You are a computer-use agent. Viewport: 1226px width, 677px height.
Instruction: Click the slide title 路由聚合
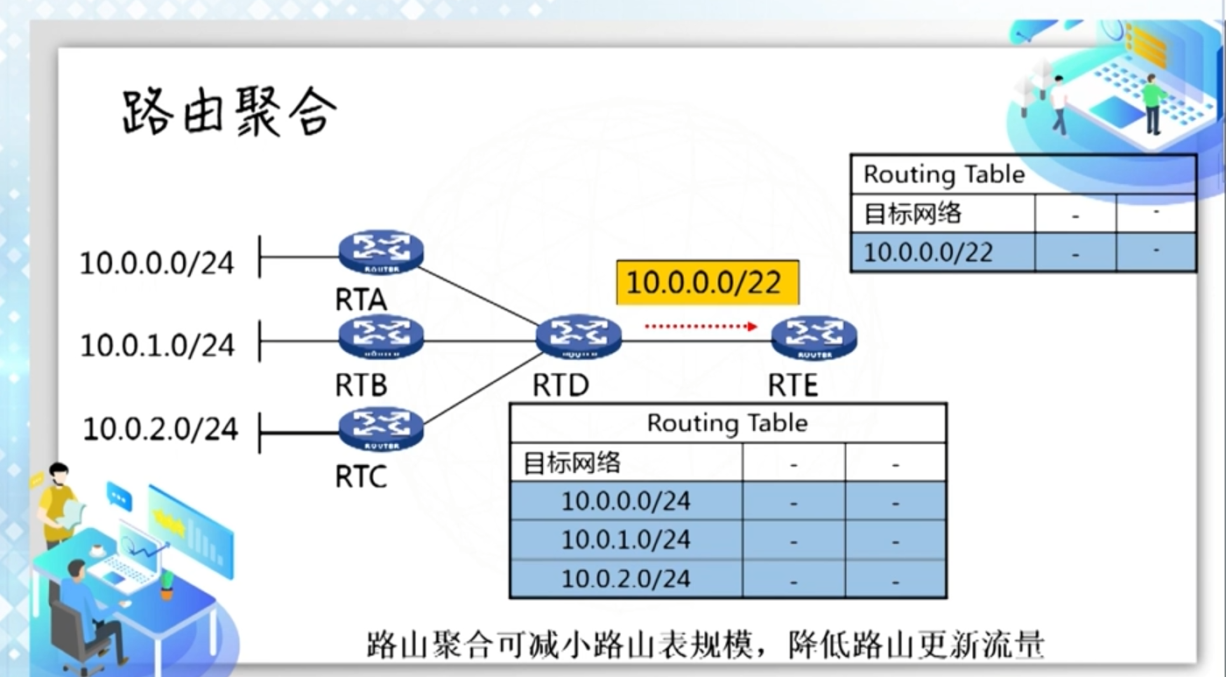(229, 111)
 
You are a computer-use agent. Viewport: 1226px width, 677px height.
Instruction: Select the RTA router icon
(381, 252)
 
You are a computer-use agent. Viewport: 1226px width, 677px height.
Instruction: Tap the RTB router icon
(381, 338)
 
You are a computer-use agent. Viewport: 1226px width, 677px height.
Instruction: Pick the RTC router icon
(381, 429)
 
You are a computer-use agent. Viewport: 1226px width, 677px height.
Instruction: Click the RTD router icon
(579, 337)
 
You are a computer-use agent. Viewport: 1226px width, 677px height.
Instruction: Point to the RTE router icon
(814, 338)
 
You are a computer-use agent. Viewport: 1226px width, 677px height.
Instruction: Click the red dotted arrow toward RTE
(701, 327)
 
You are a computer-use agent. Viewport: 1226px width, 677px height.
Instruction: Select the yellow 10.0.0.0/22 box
(708, 282)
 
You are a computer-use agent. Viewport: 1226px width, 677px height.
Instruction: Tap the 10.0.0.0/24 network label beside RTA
(157, 263)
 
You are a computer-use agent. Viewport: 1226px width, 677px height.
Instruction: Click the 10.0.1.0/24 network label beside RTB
(158, 345)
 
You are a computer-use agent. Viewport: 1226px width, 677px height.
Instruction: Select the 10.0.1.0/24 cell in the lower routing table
(626, 539)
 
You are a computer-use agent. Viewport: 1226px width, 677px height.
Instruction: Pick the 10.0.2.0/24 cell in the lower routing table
(626, 579)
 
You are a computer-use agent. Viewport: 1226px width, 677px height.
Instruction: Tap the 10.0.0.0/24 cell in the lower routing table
(626, 501)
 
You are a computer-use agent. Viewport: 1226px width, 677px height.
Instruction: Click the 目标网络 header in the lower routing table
(572, 463)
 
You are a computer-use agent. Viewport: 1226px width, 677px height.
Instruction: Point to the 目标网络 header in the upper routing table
(912, 213)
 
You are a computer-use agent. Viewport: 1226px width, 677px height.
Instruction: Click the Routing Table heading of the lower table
(728, 423)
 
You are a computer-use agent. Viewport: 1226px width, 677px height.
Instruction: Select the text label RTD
(561, 385)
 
